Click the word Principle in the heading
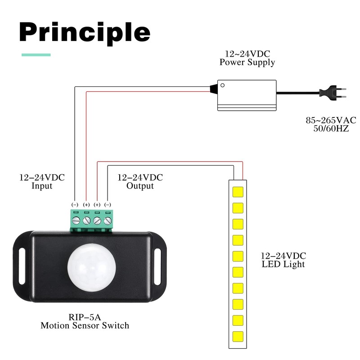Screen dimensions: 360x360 [85, 32]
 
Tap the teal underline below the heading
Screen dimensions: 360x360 [36, 55]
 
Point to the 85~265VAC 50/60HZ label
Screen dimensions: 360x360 [331, 125]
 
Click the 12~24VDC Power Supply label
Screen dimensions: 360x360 [247, 58]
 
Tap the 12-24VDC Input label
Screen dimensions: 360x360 [42, 181]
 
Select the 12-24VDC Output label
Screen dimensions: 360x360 [140, 181]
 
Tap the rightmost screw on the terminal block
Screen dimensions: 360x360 [108, 221]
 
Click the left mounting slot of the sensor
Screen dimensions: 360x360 [23, 269]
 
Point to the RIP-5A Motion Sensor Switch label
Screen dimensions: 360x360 [85, 321]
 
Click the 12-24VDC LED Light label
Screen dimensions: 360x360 [283, 260]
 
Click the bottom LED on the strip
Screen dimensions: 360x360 [238, 337]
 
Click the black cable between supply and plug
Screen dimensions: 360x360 [297, 94]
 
